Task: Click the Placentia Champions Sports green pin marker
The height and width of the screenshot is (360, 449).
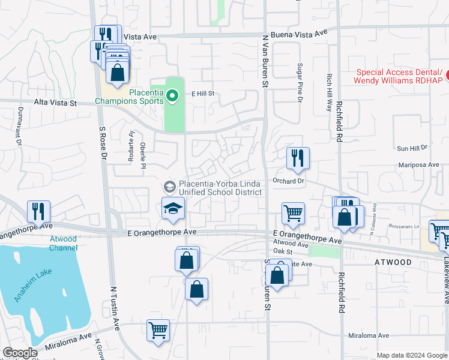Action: (x=172, y=96)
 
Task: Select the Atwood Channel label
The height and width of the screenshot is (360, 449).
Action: (x=62, y=243)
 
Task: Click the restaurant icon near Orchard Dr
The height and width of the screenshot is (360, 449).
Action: (x=298, y=158)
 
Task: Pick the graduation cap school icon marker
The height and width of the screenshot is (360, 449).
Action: (x=172, y=208)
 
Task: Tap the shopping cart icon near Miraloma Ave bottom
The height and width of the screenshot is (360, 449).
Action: (x=158, y=329)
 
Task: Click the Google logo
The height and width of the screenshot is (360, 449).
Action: (x=20, y=353)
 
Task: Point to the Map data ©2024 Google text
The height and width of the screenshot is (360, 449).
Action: (x=412, y=355)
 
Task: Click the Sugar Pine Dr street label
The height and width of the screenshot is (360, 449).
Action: (x=298, y=82)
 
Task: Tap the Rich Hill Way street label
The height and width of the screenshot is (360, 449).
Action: (x=329, y=93)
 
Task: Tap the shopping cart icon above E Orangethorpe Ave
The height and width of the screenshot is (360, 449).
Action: (x=293, y=213)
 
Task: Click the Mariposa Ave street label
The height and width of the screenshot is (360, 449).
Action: (x=418, y=164)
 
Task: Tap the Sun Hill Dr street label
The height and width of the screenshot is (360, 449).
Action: (x=411, y=147)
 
